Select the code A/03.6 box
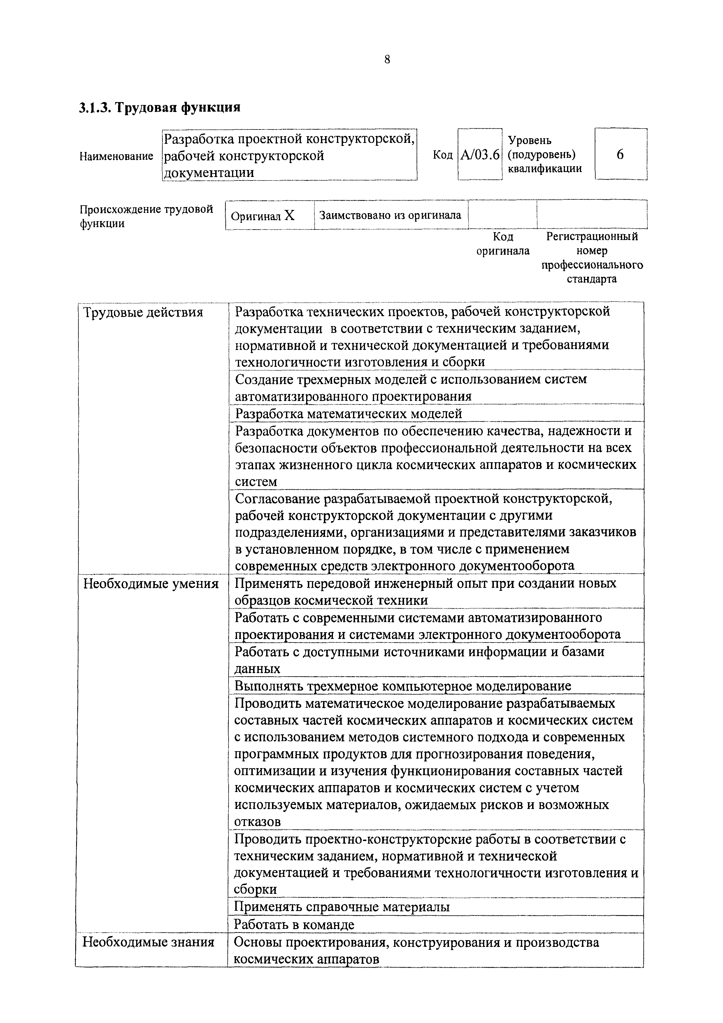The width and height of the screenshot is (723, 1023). tap(480, 155)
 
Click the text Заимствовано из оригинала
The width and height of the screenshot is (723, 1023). tap(390, 215)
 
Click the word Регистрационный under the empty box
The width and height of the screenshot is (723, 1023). tap(592, 236)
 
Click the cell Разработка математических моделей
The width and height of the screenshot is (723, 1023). tap(348, 414)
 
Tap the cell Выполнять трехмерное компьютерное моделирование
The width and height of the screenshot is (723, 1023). tap(403, 686)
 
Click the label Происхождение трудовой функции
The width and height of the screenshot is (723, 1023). tap(146, 216)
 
